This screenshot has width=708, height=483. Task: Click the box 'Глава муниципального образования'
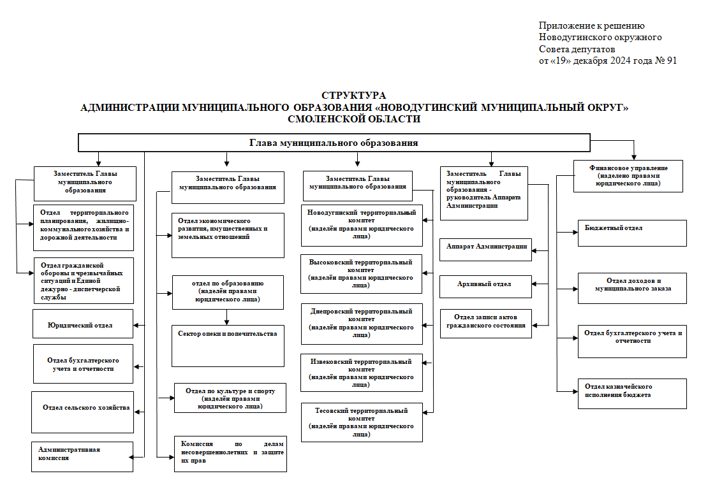(334, 143)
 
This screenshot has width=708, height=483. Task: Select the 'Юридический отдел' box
(83, 324)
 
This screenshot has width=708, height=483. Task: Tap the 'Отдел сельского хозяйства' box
(83, 412)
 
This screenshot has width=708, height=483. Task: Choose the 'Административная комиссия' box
(82, 457)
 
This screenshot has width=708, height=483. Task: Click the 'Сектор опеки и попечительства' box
(228, 346)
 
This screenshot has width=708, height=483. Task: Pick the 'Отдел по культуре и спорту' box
(230, 398)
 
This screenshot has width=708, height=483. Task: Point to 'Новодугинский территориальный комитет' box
(362, 226)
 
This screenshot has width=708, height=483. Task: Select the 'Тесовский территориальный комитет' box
(362, 422)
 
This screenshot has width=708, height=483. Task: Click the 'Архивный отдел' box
(486, 286)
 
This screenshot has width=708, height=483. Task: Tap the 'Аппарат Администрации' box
(486, 250)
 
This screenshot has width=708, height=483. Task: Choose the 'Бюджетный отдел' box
(632, 233)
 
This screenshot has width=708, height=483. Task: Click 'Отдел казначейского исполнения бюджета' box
(632, 394)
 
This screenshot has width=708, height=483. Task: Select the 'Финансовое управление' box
(628, 177)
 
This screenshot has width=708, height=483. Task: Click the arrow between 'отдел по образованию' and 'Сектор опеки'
(226, 317)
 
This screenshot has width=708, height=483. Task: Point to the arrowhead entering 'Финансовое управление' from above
(634, 157)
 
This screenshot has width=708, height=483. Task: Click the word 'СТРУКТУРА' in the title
(354, 96)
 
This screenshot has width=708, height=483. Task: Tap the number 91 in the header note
(672, 61)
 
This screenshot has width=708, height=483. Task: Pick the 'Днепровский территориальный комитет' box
(362, 324)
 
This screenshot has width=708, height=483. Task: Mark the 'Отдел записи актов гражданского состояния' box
(486, 323)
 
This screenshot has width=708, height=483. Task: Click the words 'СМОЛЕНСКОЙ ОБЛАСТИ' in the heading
(354, 119)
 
